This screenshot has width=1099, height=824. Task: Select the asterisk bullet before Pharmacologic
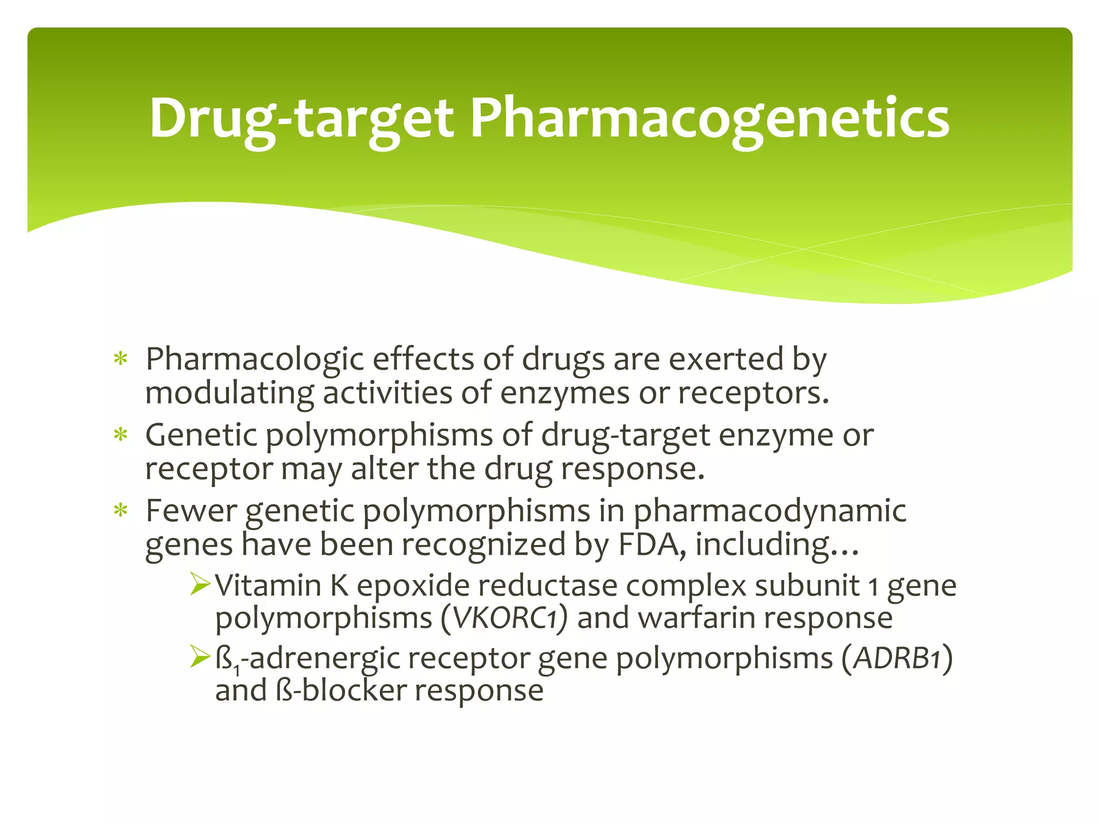[x=121, y=359]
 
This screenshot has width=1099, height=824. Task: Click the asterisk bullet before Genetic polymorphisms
[x=121, y=435]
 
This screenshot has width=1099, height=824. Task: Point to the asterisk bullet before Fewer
[x=121, y=511]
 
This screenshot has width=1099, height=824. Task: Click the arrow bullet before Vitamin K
[x=201, y=584]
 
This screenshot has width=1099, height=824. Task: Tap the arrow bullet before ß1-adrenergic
[x=201, y=658]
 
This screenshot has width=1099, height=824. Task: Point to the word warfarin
[x=698, y=619]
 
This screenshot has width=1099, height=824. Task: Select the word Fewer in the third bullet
[x=191, y=511]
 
